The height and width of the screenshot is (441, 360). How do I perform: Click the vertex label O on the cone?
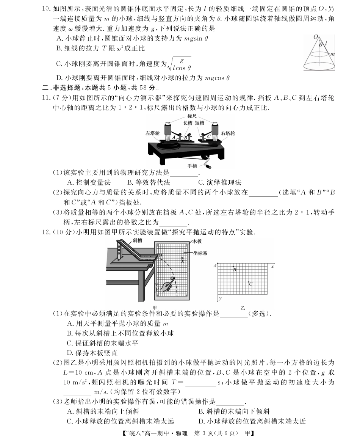(x=315, y=37)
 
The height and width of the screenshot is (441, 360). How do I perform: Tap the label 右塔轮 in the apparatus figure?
(x=228, y=133)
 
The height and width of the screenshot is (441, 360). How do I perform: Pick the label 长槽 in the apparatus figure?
(x=188, y=123)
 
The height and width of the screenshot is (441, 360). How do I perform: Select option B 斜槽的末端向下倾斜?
(x=233, y=411)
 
